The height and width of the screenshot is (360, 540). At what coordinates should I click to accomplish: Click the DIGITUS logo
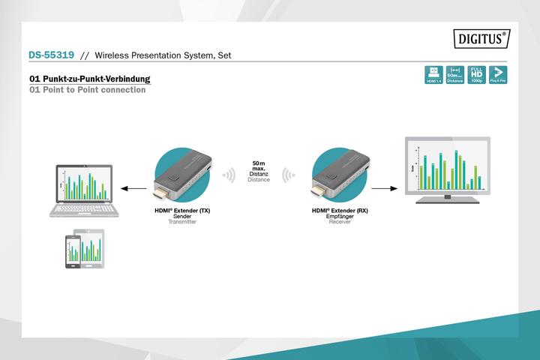481,37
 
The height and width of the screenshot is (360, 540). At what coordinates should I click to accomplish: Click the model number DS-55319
51,55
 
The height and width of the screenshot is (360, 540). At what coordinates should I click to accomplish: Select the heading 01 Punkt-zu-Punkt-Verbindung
89,79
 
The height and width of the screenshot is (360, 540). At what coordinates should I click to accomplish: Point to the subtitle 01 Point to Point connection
87,90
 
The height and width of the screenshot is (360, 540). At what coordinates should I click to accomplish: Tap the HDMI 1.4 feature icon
433,74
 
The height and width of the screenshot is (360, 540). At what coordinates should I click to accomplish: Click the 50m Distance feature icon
454,74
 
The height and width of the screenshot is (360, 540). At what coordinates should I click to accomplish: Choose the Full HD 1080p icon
475,74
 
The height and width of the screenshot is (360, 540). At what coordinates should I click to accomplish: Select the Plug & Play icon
496,74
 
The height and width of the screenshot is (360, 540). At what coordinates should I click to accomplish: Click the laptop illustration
81,190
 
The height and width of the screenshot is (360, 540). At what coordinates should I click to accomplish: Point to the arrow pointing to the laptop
133,190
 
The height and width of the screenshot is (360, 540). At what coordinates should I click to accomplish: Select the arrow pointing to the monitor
382,190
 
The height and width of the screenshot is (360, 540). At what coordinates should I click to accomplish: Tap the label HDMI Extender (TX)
182,211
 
